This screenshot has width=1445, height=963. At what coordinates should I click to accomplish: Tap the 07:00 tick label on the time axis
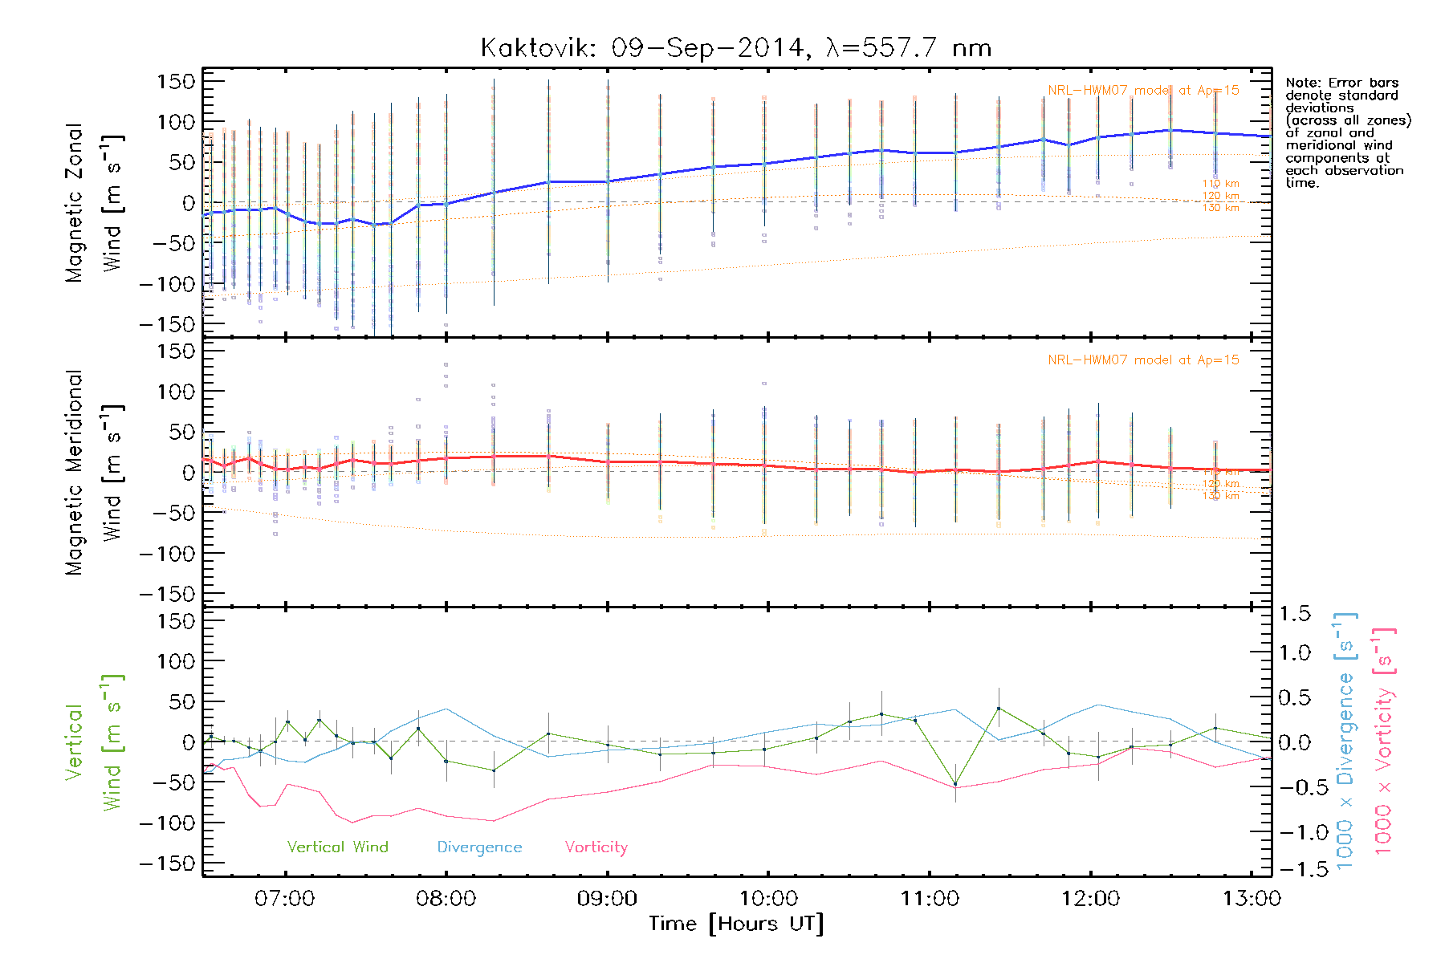click(x=285, y=898)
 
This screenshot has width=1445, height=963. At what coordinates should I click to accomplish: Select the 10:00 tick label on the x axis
click(x=768, y=898)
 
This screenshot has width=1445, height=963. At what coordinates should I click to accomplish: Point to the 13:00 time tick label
click(x=1252, y=898)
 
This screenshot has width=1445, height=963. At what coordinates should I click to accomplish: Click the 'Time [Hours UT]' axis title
click(x=736, y=924)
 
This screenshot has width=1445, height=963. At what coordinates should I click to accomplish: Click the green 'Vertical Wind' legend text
click(x=337, y=847)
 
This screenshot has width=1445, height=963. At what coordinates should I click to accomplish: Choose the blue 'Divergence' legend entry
click(x=479, y=847)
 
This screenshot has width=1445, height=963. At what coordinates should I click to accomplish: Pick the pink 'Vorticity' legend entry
click(x=596, y=847)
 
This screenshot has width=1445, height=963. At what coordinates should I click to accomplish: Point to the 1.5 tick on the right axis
click(x=1294, y=614)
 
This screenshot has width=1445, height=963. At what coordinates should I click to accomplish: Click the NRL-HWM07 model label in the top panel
click(x=1143, y=90)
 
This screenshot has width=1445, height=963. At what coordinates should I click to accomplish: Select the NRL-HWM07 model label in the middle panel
click(x=1143, y=360)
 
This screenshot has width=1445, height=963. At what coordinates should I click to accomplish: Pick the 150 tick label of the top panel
click(x=176, y=81)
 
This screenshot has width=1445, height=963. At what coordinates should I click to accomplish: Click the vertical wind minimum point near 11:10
click(x=955, y=784)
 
